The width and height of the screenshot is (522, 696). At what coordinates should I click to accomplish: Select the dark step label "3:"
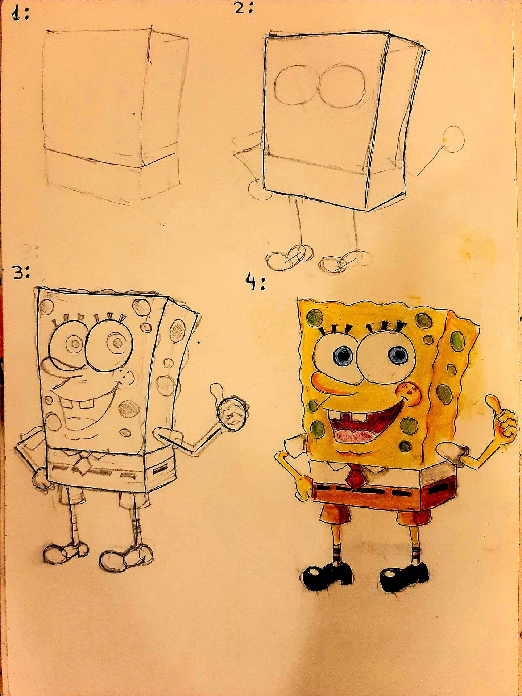[21, 274]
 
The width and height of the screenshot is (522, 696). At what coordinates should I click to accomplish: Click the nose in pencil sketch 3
[127, 378]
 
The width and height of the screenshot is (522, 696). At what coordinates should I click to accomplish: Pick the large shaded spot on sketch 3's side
[177, 330]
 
